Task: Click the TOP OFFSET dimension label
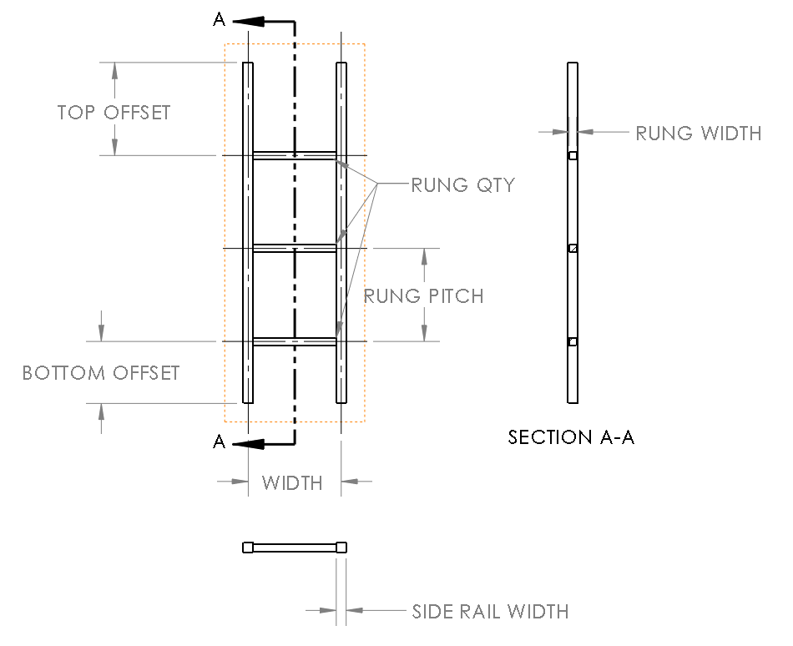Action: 114,112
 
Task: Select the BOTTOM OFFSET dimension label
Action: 101,372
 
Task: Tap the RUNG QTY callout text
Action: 462,185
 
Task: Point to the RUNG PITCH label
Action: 423,295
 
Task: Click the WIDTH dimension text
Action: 292,482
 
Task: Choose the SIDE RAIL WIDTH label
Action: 490,612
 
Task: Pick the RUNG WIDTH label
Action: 698,133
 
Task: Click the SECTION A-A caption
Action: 571,437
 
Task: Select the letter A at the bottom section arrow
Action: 220,442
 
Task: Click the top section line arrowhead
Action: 247,22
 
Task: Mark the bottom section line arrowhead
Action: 247,442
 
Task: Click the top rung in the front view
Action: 294,155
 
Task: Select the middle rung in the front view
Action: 294,248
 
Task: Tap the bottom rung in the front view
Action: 294,341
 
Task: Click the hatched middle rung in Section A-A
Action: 573,249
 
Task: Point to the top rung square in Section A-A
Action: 573,156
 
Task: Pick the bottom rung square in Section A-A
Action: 573,341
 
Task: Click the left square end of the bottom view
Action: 248,548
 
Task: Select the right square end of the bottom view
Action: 341,548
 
